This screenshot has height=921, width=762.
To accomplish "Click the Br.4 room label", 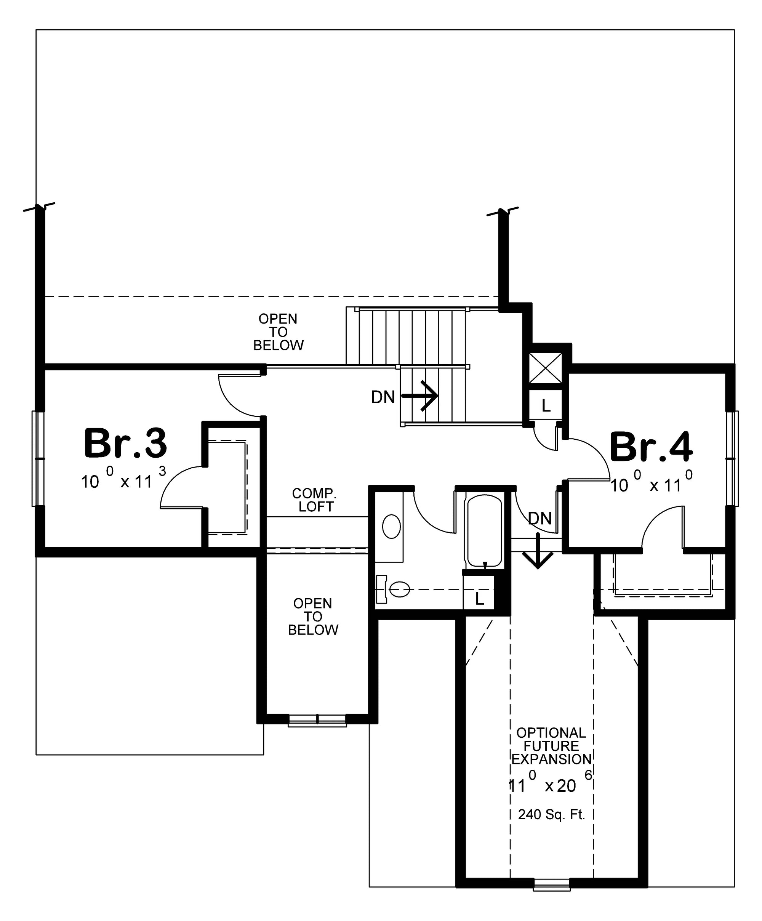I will (651, 447).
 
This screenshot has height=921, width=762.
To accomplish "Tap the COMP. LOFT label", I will (314, 500).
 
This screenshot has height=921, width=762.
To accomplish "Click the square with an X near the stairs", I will (546, 368).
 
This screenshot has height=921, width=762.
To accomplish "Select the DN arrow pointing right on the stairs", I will (420, 396).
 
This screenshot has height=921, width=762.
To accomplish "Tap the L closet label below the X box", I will (546, 406).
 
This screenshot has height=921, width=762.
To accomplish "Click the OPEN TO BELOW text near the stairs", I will (278, 332).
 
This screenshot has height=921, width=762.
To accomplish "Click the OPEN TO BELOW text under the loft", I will (312, 617).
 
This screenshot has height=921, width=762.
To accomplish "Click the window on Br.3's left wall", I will (38, 458).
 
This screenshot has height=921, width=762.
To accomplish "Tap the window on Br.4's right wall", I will (732, 458).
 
